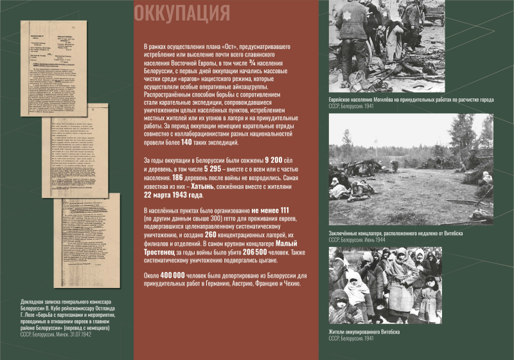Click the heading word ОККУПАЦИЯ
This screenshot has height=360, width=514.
(x=182, y=13)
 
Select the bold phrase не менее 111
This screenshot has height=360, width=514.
(x=270, y=210)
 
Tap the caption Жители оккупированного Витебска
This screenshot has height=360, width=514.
(x=364, y=331)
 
